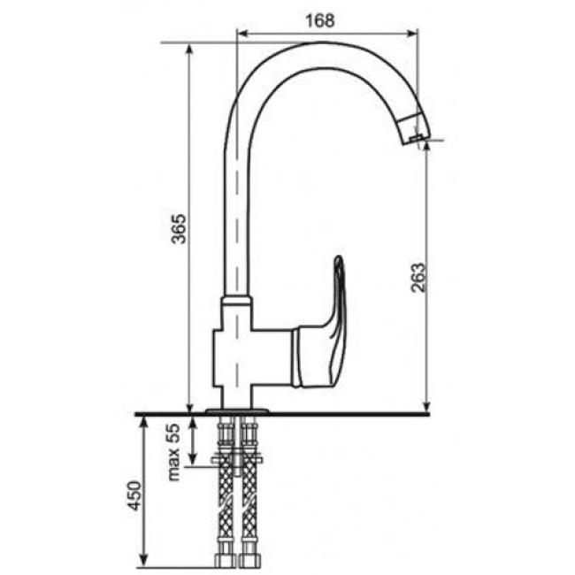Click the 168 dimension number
320,21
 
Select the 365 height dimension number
180,229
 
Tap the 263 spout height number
418,277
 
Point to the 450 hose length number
134,495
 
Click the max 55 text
173,452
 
